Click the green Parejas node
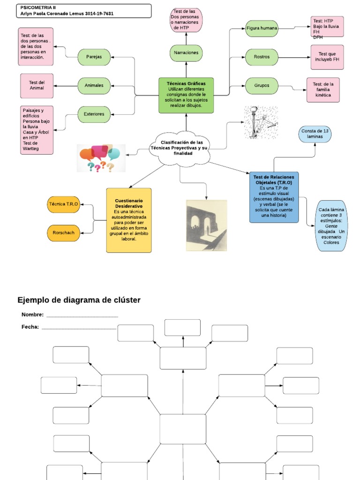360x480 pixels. click(94, 57)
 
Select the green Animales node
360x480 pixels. click(94, 86)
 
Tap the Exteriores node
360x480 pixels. click(94, 114)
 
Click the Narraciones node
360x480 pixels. click(186, 53)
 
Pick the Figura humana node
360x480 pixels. click(262, 29)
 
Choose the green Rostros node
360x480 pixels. click(262, 57)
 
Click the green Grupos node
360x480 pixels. click(262, 86)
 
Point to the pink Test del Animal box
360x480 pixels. click(37, 86)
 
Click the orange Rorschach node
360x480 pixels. click(64, 233)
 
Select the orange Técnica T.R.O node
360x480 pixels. click(64, 204)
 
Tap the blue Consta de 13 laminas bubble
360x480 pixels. click(315, 134)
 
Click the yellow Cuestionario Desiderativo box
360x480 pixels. click(129, 220)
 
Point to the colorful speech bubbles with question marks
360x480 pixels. click(101, 158)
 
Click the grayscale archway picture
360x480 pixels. click(206, 225)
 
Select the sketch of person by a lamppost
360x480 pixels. click(261, 122)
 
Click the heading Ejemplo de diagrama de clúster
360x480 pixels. click(79, 300)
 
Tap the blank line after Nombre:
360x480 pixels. click(82, 315)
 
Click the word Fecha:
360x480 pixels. click(30, 327)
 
